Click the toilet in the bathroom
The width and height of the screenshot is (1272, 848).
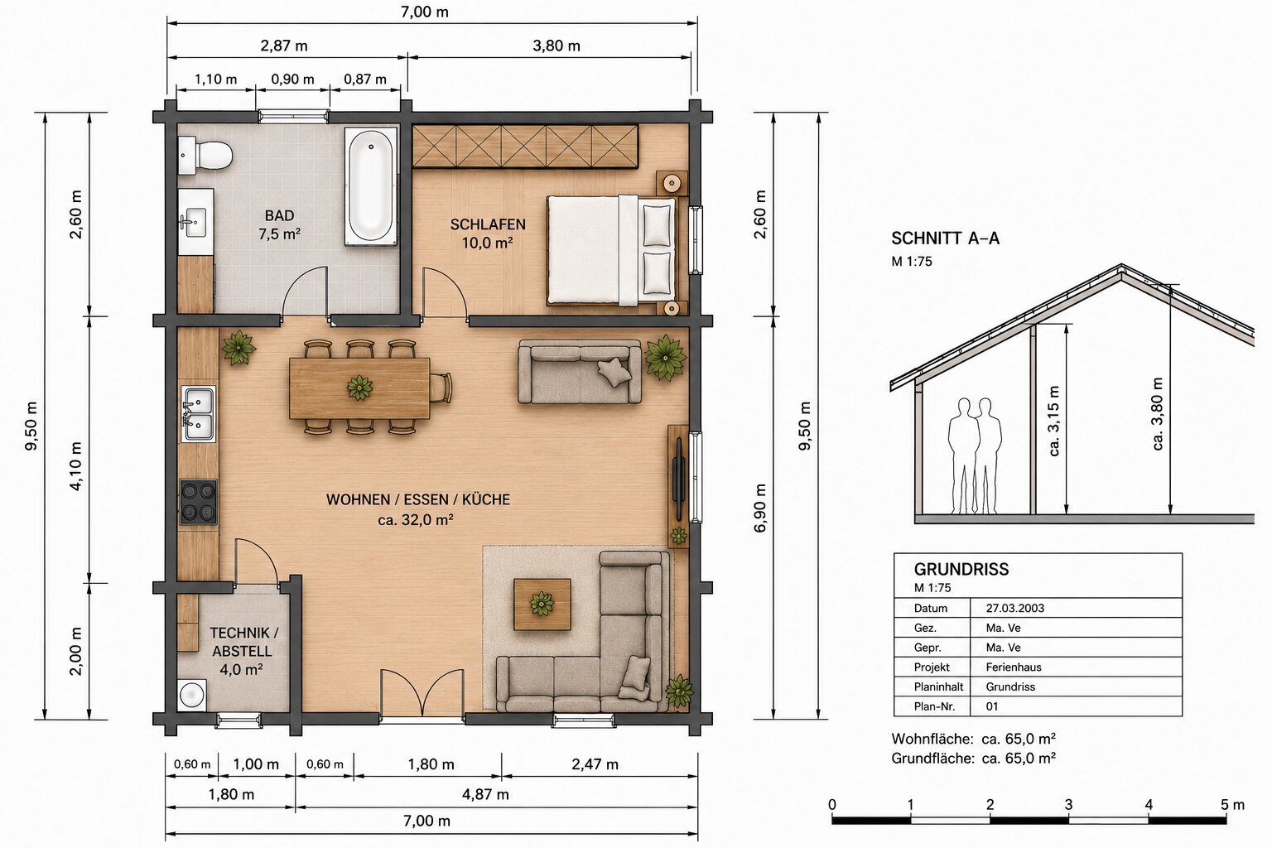[x=205, y=155]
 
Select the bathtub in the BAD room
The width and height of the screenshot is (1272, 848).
[x=371, y=186]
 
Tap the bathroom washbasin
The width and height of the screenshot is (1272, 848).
[x=195, y=222]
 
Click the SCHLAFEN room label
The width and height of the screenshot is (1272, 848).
[x=488, y=224]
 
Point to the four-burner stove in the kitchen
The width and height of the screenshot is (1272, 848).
[x=198, y=502]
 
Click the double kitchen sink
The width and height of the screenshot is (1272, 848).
[x=198, y=414]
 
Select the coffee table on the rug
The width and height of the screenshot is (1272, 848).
[x=542, y=605]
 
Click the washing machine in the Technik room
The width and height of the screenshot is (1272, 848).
[x=192, y=694]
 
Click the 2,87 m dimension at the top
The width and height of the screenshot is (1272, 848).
[x=284, y=46]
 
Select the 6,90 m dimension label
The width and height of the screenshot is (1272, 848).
[x=759, y=508]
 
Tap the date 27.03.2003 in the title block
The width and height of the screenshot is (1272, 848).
[x=1014, y=608]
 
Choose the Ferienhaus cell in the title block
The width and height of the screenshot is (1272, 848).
[x=1014, y=667]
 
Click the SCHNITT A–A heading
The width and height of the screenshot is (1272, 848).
[x=945, y=238]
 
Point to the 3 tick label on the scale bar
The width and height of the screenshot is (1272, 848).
[x=1069, y=805]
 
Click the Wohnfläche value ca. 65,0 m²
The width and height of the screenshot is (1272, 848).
[x=1019, y=739]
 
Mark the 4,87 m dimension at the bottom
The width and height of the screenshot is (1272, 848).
[x=485, y=794]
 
